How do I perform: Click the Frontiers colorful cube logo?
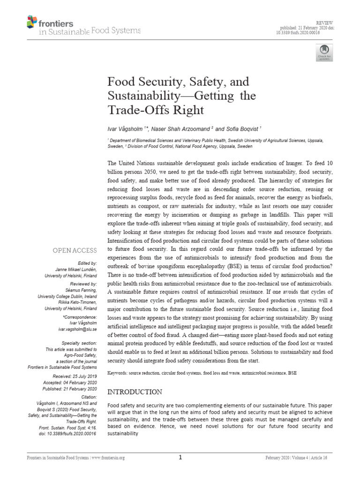tap(32, 22)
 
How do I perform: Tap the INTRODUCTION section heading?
tap(135, 391)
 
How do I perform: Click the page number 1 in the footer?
tap(180, 458)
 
